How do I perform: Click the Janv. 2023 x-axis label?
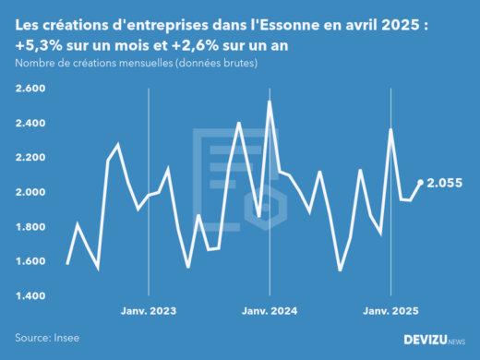pos(149,310)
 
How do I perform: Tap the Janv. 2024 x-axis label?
pos(270,310)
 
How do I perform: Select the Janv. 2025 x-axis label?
pos(390,310)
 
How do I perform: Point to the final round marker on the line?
pos(421,183)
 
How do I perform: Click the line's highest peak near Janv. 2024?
pos(269,102)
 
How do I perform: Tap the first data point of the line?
pos(67,264)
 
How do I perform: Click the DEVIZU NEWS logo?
pos(434,340)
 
